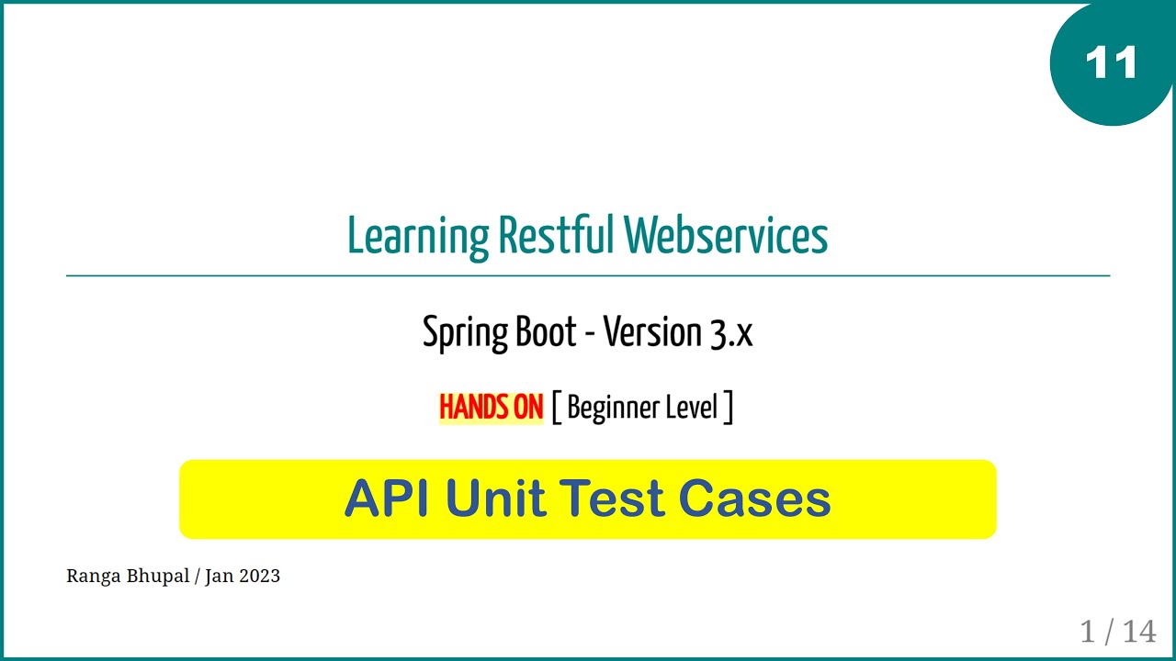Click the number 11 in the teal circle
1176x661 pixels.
point(1111,63)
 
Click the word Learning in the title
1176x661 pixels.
point(418,236)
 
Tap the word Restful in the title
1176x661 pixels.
point(555,236)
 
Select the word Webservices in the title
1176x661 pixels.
point(726,236)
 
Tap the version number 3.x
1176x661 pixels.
point(730,333)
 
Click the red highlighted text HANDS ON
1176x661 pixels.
point(491,407)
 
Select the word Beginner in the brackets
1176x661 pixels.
point(608,408)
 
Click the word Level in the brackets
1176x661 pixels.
point(692,407)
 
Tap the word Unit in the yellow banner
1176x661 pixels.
point(497,499)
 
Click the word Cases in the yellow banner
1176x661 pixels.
point(754,499)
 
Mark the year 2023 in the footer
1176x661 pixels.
point(259,576)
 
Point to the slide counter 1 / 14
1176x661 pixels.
point(1117,631)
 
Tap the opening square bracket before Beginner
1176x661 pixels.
point(556,407)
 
